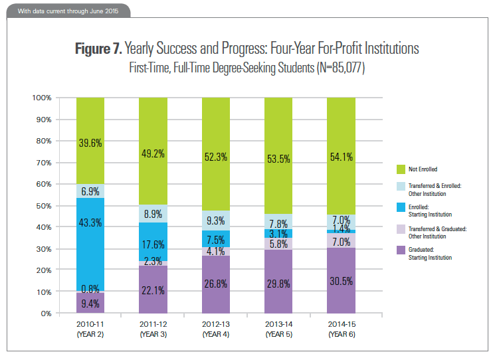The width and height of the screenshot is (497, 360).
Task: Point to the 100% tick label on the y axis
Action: (42, 98)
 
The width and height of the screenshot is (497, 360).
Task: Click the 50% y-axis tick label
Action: (44, 206)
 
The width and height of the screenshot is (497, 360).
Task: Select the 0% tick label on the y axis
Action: (46, 313)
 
